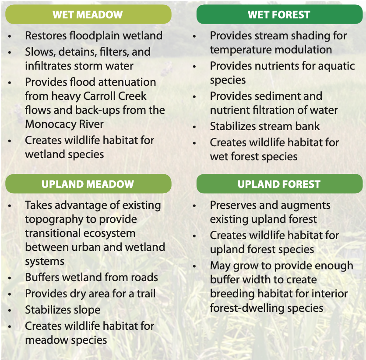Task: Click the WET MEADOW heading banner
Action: coord(88,14)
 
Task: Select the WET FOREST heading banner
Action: coord(279,14)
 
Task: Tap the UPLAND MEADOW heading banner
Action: coord(88,184)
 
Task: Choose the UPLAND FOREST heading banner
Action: coord(279,184)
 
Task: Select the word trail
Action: coord(144,294)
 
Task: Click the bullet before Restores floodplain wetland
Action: coord(10,36)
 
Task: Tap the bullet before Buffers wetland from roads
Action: coord(10,278)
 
